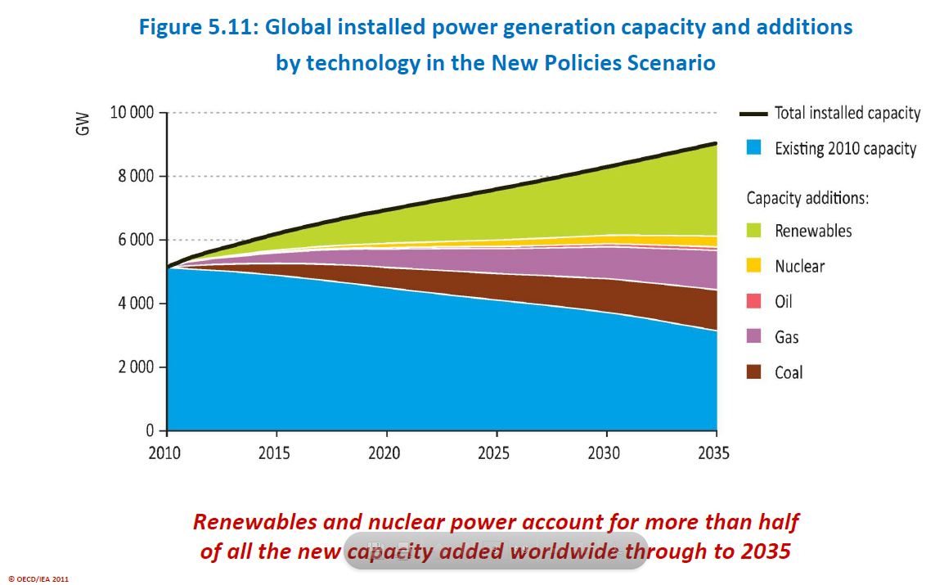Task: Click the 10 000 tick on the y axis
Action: click(x=132, y=112)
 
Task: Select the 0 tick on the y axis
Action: click(x=150, y=430)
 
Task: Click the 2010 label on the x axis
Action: click(x=167, y=452)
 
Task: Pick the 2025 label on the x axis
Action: click(x=496, y=452)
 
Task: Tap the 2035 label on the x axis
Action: click(x=715, y=452)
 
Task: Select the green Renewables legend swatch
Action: click(x=753, y=231)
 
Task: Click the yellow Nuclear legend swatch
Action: click(x=753, y=266)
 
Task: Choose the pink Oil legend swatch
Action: click(x=753, y=301)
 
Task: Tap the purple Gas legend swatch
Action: click(x=753, y=337)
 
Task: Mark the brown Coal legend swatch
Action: click(x=753, y=372)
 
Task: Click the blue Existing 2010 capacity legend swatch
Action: click(x=753, y=148)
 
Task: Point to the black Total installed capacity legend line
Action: click(x=753, y=114)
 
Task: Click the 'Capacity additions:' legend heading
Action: click(x=807, y=198)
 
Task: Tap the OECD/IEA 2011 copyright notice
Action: click(x=38, y=578)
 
